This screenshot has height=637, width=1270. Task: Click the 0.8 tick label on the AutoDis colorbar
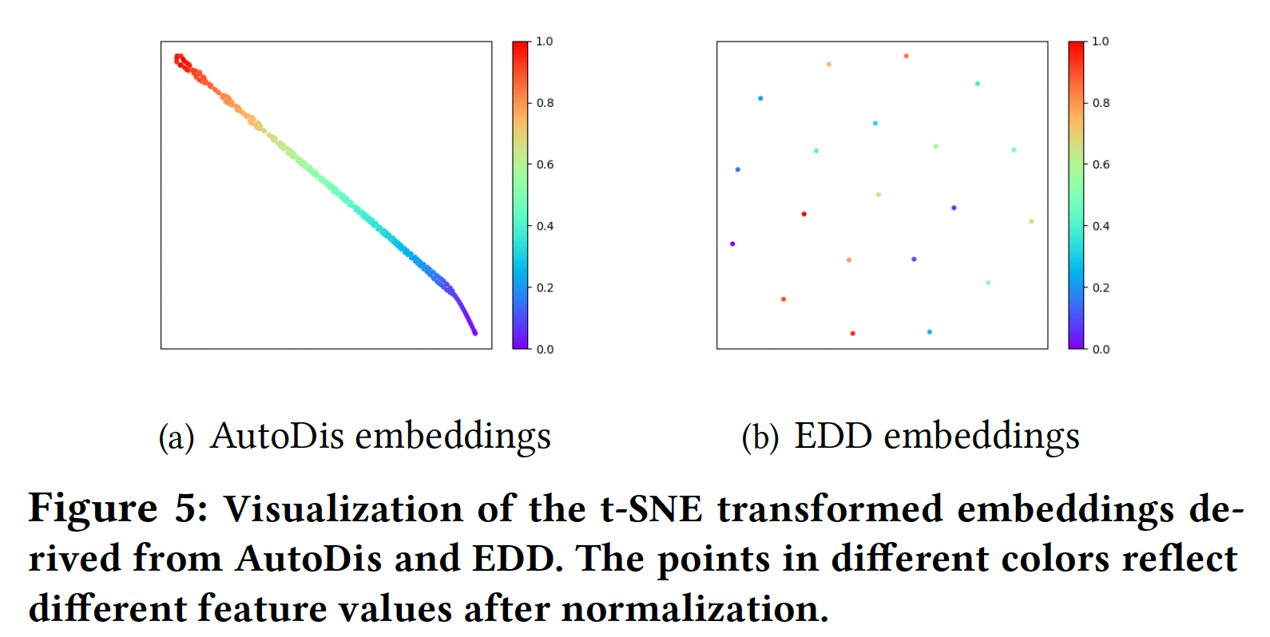tap(545, 103)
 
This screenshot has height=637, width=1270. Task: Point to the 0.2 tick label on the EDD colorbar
tap(1101, 287)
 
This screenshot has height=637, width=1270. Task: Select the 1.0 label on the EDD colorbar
tap(1101, 42)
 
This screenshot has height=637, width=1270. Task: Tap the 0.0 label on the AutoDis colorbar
tap(545, 349)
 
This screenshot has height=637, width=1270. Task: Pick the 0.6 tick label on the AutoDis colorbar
tap(545, 164)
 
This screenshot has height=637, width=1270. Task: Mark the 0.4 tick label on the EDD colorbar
tap(1101, 226)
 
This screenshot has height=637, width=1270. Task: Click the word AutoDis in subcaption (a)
tap(276, 436)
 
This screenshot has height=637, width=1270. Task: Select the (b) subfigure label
tap(760, 437)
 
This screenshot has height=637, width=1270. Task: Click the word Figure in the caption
tap(93, 509)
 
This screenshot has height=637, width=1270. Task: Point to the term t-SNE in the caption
tap(651, 509)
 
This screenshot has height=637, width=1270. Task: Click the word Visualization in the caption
tap(343, 509)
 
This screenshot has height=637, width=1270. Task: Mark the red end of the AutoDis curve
tap(179, 58)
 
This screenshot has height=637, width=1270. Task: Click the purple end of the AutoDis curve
tap(474, 332)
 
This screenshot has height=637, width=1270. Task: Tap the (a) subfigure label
tap(177, 437)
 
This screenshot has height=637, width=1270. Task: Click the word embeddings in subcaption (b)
tap(982, 436)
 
